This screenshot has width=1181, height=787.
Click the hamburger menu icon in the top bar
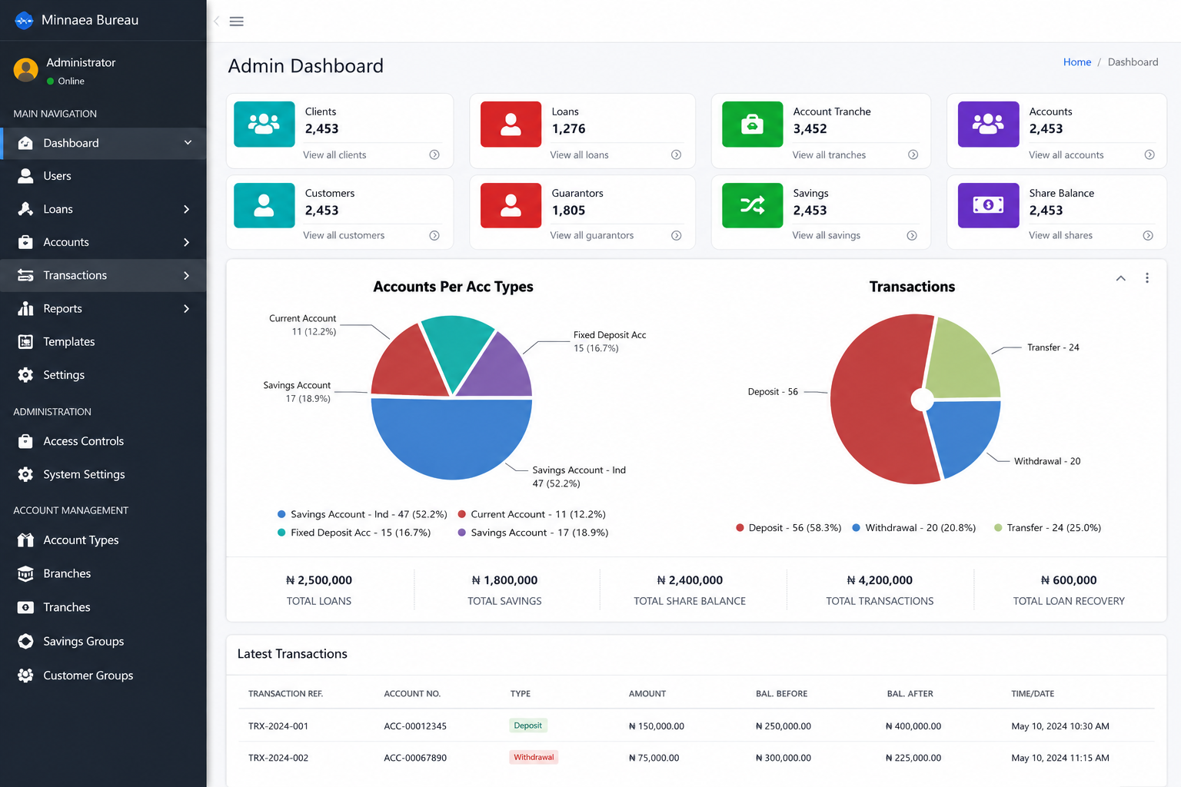pos(236,21)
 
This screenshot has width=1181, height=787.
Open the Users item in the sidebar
pos(57,175)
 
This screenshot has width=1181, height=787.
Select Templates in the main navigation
pos(68,341)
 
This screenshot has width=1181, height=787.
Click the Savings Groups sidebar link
pos(83,641)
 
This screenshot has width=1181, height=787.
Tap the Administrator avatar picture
pos(26,70)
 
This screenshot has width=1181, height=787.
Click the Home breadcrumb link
pos(1076,62)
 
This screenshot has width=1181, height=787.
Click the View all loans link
pos(579,155)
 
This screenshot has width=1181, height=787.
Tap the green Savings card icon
pos(753,205)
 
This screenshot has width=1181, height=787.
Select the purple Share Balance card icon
pos(988,205)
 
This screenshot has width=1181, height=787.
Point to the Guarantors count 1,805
pos(568,211)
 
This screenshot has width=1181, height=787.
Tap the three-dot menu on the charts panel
pos(1146,277)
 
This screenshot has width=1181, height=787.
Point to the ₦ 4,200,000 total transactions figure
pos(880,579)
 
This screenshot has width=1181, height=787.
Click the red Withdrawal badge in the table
pos(534,757)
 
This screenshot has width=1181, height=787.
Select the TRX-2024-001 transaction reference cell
pos(278,726)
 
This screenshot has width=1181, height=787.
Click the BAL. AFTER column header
pos(910,693)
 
